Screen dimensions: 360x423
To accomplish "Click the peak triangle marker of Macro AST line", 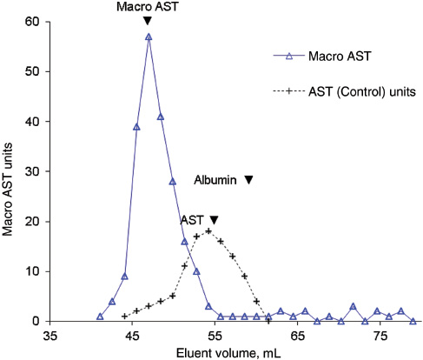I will click(149, 37).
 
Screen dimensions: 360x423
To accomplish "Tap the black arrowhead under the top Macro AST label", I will click(148, 21).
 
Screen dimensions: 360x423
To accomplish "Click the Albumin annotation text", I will click(215, 179).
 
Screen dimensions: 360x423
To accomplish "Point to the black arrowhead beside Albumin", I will click(248, 180).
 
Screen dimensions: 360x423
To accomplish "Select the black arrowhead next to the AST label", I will click(214, 220).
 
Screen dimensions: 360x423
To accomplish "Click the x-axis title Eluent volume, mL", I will click(231, 352).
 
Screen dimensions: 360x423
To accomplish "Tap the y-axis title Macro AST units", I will click(10, 172).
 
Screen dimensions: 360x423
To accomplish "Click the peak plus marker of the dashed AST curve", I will click(208, 231).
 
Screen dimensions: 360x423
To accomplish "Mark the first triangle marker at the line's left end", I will click(100, 317).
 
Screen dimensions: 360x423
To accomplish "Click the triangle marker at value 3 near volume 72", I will click(353, 306).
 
